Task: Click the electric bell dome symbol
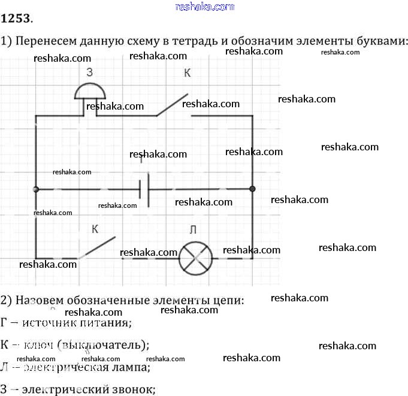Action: point(90,91)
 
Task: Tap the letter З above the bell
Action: point(89,72)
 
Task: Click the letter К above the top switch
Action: point(187,74)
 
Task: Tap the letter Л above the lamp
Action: point(192,230)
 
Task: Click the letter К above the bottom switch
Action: point(95,229)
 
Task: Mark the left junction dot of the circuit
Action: point(37,189)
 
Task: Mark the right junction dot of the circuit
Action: point(252,189)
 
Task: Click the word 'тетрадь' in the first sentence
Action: point(208,41)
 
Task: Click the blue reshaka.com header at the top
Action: point(204,7)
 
